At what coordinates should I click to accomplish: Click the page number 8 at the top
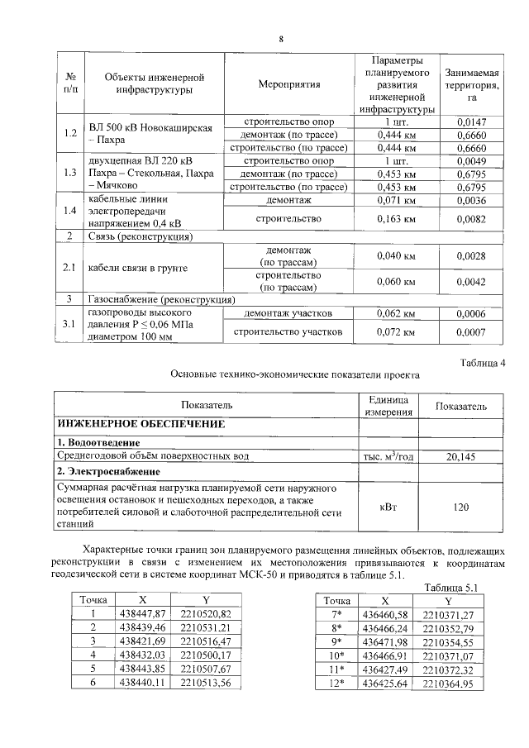(281, 39)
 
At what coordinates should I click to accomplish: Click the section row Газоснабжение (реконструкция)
(157, 299)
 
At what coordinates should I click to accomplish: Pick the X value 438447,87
(143, 612)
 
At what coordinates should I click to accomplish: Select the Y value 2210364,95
(447, 684)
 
